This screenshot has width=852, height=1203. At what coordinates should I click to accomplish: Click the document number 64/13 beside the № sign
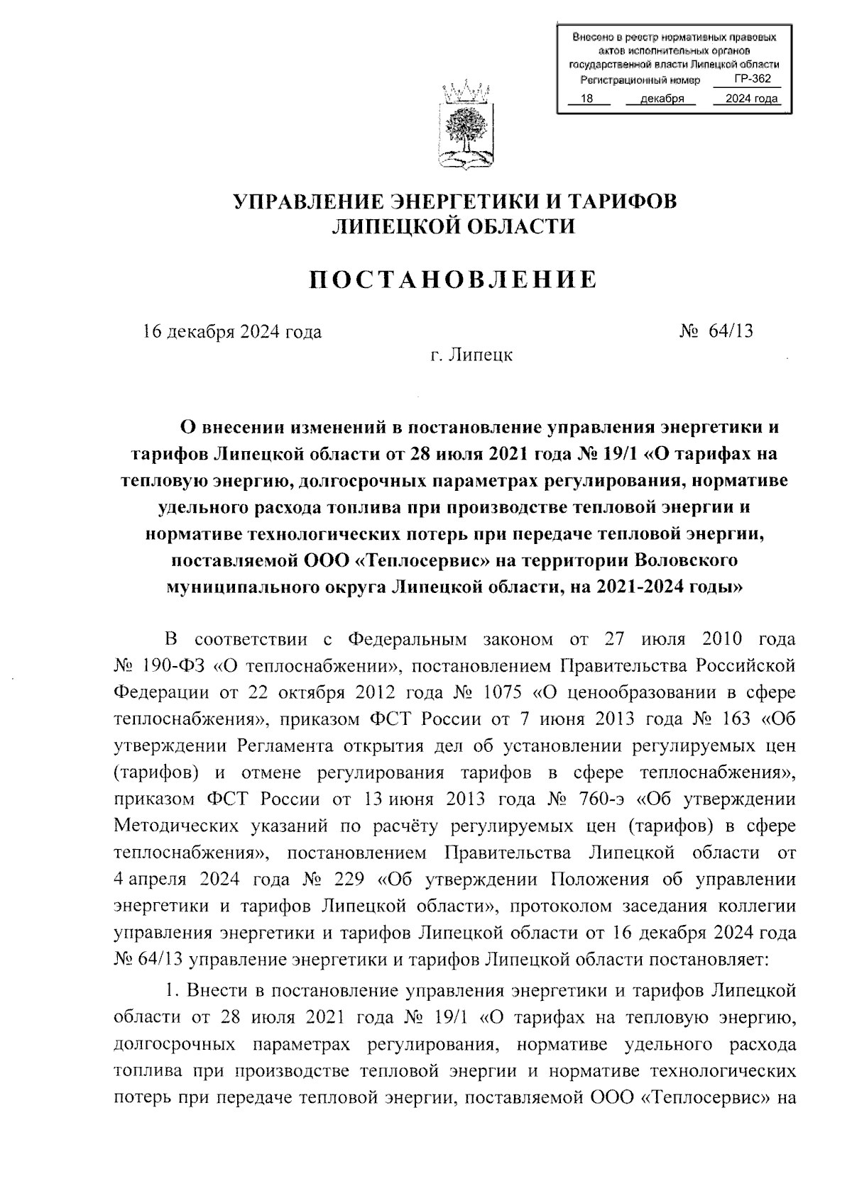[x=731, y=331]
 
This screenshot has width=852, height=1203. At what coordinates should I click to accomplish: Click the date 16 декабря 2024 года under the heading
[x=232, y=331]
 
